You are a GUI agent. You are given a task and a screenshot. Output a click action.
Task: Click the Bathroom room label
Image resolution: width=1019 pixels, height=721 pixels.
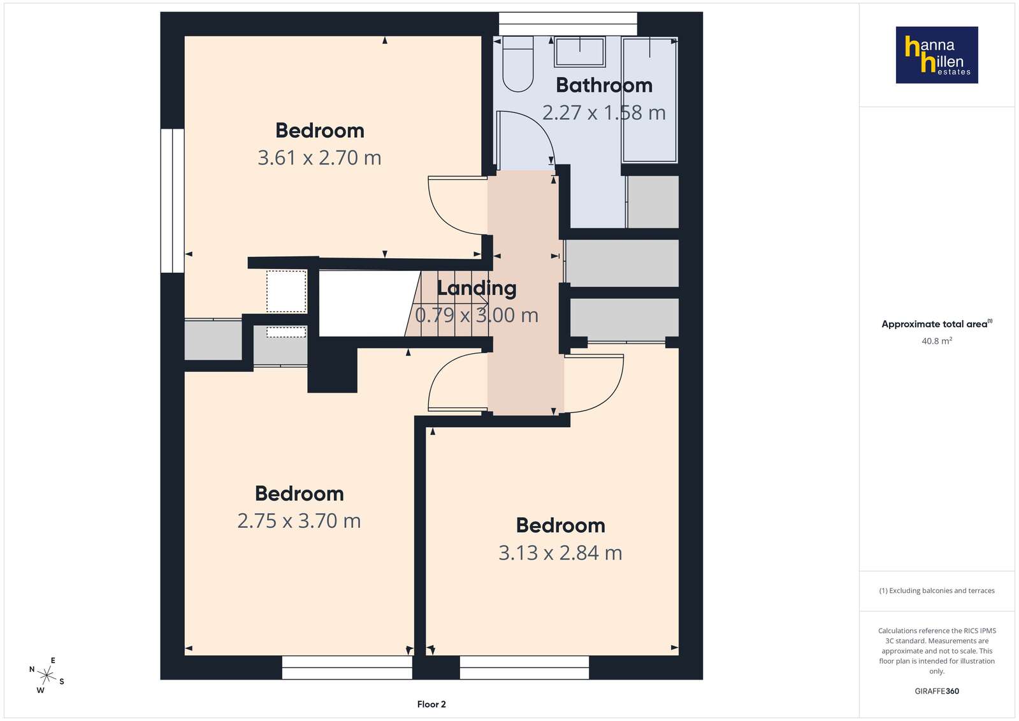coord(604,85)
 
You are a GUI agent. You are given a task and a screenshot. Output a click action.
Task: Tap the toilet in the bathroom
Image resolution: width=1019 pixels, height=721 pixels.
coord(517,64)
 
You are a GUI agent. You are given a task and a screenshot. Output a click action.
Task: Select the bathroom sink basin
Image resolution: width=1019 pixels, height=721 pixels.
coord(579,52)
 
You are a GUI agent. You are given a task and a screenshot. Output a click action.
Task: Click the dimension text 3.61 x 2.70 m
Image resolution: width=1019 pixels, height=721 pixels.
coord(319,157)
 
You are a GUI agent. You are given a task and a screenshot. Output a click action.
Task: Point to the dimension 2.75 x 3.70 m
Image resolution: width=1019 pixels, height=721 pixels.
coord(299,521)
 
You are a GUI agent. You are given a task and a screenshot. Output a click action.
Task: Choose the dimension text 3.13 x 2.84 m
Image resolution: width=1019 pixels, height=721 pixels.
coord(560,553)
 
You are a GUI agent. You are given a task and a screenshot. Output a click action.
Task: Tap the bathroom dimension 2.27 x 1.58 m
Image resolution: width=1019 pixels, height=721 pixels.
coord(604,112)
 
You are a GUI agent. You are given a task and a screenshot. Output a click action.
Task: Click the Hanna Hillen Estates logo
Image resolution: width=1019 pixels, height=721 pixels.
coord(937,55)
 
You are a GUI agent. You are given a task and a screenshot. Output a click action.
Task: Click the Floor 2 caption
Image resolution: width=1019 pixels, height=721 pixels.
coord(431,704)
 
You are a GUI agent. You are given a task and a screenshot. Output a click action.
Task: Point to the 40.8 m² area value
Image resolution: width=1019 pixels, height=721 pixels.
coord(937,340)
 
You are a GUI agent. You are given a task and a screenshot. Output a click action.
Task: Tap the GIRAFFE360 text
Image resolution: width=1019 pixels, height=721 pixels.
coord(937,691)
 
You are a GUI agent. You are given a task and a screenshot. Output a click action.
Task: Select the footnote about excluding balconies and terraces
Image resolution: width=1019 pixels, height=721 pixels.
coord(937,590)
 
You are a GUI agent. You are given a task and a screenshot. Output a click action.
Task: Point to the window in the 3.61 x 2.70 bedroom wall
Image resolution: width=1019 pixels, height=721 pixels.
coord(173,201)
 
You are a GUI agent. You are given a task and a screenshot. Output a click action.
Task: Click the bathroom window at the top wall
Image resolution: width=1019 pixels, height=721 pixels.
coord(568,24)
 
